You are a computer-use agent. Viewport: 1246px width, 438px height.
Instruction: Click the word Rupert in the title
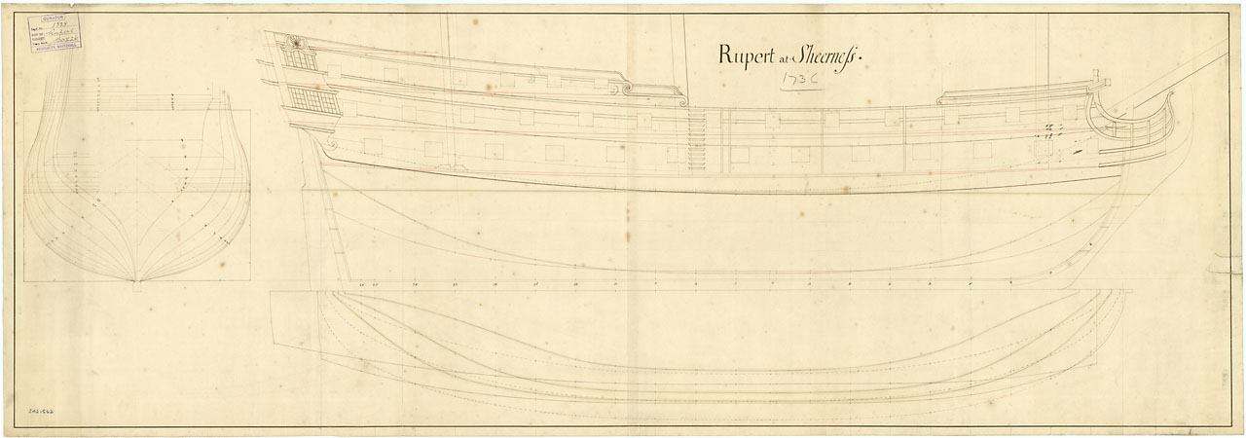(x=750, y=55)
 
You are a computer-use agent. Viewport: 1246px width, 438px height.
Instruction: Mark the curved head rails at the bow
(x=1129, y=122)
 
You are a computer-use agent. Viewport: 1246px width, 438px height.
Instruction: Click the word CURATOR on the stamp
(x=53, y=18)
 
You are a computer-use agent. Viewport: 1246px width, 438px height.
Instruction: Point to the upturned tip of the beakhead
(x=1171, y=94)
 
